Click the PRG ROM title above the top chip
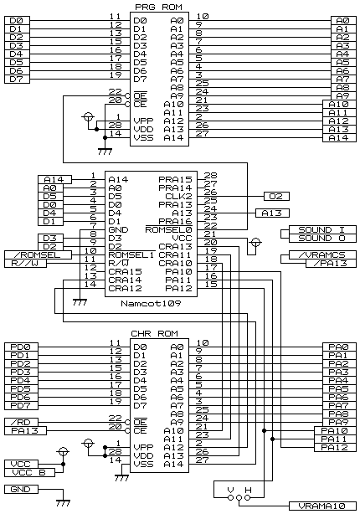pyautogui.click(x=158, y=7)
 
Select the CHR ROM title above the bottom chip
pyautogui.click(x=155, y=333)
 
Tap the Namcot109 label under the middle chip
pyautogui.click(x=151, y=303)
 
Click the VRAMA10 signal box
pyautogui.click(x=322, y=506)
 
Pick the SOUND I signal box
pyautogui.click(x=322, y=229)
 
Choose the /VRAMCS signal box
pyautogui.click(x=322, y=254)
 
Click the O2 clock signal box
pyautogui.click(x=276, y=196)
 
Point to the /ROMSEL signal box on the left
pyautogui.click(x=38, y=254)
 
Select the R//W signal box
pyautogui.click(x=25, y=264)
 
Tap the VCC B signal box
pyautogui.click(x=30, y=473)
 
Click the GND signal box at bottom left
pyautogui.click(x=21, y=489)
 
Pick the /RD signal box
pyautogui.click(x=21, y=423)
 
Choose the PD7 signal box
pyautogui.click(x=21, y=405)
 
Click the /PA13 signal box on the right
pyautogui.click(x=331, y=264)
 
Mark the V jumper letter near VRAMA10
pyautogui.click(x=231, y=490)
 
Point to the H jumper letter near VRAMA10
pyautogui.click(x=248, y=490)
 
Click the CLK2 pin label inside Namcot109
pyautogui.click(x=178, y=196)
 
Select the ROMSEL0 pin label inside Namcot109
pyautogui.click(x=169, y=229)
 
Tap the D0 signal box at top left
pyautogui.click(x=18, y=21)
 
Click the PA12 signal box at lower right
pyautogui.click(x=335, y=448)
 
